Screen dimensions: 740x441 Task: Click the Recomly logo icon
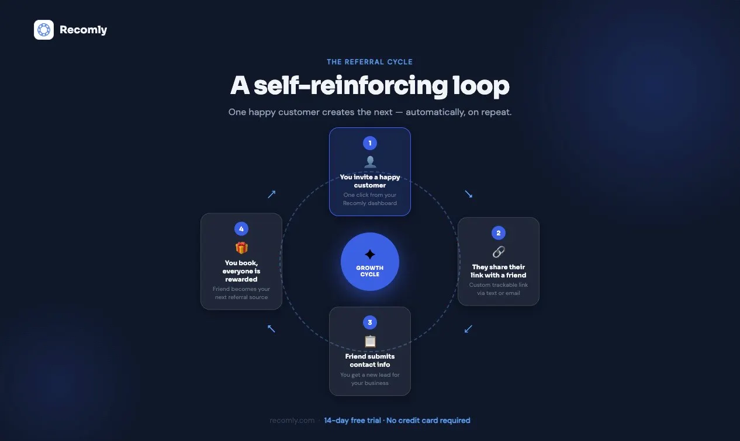tap(44, 30)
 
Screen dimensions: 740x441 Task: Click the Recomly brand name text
tap(83, 30)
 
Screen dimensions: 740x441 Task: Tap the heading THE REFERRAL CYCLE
tap(369, 62)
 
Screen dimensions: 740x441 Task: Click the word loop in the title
tap(481, 86)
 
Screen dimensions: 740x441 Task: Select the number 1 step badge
tap(369, 143)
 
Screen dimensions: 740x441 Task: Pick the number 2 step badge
tap(498, 232)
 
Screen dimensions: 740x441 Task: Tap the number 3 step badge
tap(369, 322)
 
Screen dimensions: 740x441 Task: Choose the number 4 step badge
tap(241, 229)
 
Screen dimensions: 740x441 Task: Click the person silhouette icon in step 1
tap(370, 162)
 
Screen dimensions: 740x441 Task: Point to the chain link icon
tap(499, 252)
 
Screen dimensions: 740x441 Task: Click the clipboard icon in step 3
tap(370, 341)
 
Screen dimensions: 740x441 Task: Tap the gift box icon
tap(241, 248)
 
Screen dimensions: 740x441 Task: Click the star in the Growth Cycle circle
tap(369, 254)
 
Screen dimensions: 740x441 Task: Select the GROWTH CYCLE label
tap(369, 271)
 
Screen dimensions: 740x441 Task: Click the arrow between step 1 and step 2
tap(468, 194)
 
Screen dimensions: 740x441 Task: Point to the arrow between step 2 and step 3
tap(468, 329)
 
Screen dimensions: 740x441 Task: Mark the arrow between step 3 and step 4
tap(271, 328)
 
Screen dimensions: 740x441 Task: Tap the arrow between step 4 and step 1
tap(272, 194)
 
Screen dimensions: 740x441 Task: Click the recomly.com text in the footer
tap(292, 420)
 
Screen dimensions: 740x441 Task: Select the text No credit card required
tap(428, 420)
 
